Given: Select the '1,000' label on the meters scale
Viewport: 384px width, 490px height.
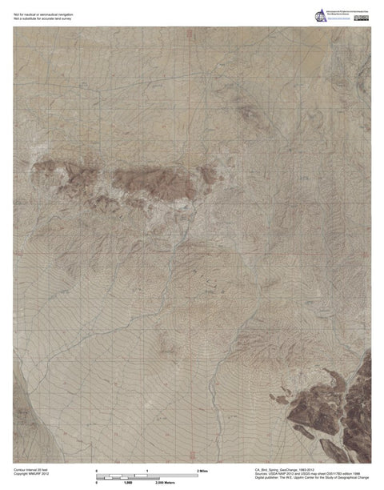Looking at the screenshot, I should point(126,484).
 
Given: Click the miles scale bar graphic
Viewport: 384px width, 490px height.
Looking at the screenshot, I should point(146,476).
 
